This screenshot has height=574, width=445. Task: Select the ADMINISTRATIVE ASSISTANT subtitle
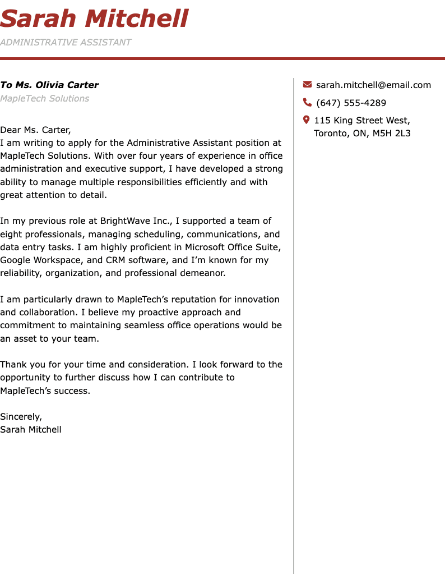tap(66, 42)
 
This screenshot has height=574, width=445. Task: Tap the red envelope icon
tap(307, 85)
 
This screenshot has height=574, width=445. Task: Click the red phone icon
tap(307, 102)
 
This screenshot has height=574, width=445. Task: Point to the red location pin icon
tap(307, 120)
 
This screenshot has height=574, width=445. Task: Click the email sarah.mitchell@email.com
tap(373, 85)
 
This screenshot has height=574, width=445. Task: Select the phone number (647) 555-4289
tap(351, 103)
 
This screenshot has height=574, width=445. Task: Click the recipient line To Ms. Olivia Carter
tap(49, 85)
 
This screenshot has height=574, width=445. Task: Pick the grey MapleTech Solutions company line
tap(45, 99)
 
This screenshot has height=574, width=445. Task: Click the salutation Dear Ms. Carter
tap(35, 130)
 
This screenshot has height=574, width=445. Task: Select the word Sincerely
tap(21, 416)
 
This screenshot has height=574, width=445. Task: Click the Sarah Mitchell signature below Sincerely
tap(31, 430)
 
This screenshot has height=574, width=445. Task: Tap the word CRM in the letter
tap(115, 260)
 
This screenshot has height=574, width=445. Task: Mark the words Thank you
tap(18, 364)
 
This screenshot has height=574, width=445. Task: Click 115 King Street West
tap(361, 120)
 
